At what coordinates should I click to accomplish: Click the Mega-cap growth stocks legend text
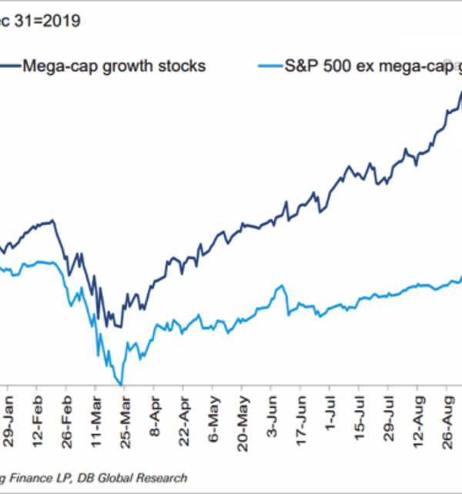coord(114,66)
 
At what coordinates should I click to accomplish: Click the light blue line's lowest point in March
coord(121,383)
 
